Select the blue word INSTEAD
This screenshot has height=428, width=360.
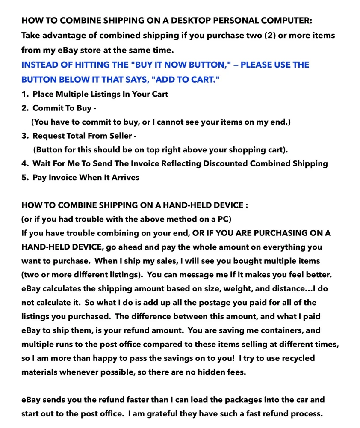tap(41, 65)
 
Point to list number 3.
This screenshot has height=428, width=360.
tap(25, 136)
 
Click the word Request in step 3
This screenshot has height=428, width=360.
tap(49, 136)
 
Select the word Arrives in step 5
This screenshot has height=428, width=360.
tap(125, 177)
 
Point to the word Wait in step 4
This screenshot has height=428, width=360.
tap(42, 163)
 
